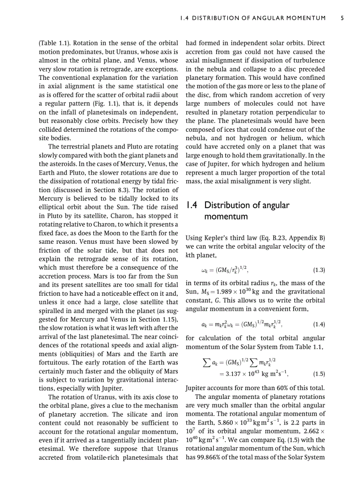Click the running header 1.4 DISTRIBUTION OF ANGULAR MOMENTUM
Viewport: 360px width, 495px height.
pos(253,18)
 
